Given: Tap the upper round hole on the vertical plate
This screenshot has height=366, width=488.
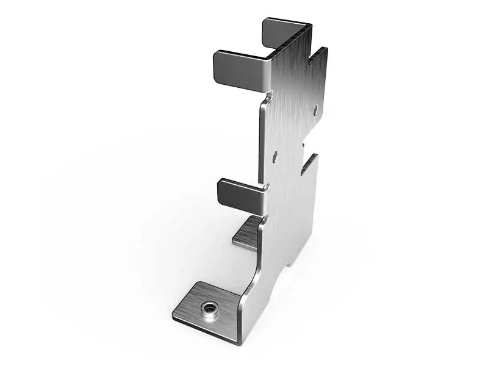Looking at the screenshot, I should pos(315,110).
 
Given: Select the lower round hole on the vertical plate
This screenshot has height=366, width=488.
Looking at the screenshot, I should pos(274,157).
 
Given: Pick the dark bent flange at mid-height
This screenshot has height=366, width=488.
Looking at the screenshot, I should pos(239,194).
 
